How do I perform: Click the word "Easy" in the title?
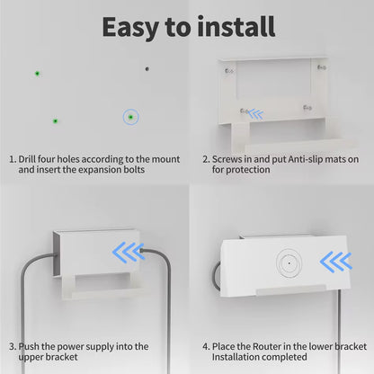130,28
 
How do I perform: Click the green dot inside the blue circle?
130,117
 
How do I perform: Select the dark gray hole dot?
147,69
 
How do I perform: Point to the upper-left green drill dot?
37,74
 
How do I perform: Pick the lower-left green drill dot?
55,121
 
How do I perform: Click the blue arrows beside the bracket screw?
256,114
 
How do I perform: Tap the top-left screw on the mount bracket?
229,71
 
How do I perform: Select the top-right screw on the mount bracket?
322,67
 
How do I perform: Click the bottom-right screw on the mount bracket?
307,107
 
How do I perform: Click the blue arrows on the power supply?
129,253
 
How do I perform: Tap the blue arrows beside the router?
336,262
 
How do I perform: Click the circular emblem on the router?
289,263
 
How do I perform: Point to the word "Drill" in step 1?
27,159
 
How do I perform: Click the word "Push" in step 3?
29,346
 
